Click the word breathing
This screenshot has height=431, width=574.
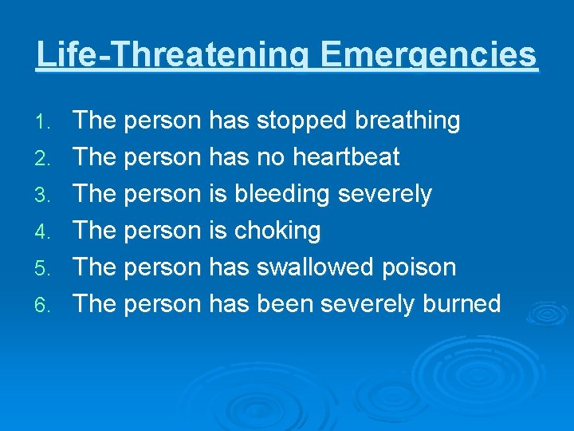(x=407, y=121)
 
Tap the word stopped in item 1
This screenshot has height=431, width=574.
(x=301, y=121)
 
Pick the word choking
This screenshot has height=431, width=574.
(x=277, y=231)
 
